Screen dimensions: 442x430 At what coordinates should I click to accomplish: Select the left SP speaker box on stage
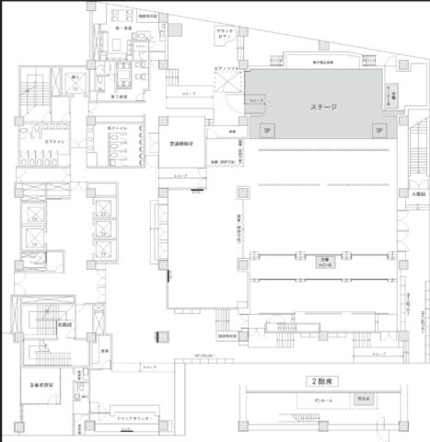click(x=267, y=131)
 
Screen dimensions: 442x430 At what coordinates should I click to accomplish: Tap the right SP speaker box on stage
click(x=378, y=131)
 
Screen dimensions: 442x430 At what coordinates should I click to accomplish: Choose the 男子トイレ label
click(x=118, y=127)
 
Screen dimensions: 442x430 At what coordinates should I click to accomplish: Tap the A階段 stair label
click(x=416, y=194)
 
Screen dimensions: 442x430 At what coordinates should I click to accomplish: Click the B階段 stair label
click(x=64, y=324)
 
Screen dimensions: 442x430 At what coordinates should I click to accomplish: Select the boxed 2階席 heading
click(x=320, y=378)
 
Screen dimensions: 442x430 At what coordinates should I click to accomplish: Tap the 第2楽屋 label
click(x=119, y=96)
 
